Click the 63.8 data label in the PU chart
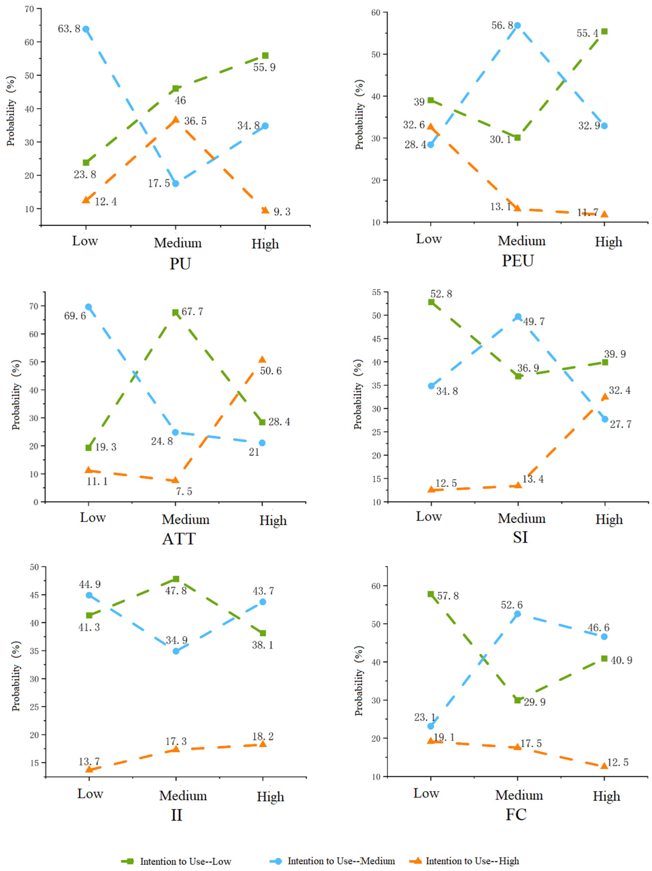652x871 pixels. (x=69, y=29)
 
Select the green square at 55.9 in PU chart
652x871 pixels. (x=265, y=56)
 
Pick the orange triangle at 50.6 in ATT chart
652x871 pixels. (x=262, y=359)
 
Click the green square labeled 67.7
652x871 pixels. (x=175, y=312)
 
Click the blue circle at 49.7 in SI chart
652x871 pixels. (x=518, y=317)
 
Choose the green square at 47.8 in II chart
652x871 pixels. (x=176, y=579)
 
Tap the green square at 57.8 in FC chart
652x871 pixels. (x=431, y=594)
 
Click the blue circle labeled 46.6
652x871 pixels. (x=604, y=637)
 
